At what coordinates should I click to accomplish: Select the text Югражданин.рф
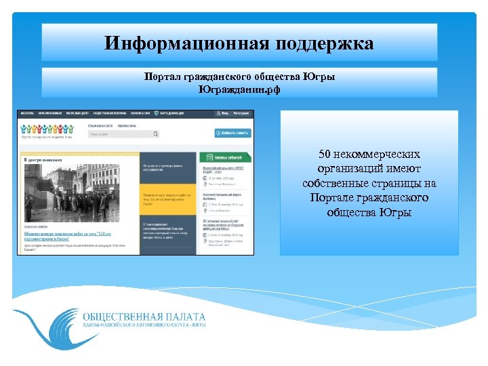click(x=239, y=88)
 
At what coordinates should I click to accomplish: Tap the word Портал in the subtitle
click(x=161, y=77)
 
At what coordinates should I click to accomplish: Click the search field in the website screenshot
click(x=119, y=134)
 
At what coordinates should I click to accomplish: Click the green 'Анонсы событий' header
click(x=226, y=157)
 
